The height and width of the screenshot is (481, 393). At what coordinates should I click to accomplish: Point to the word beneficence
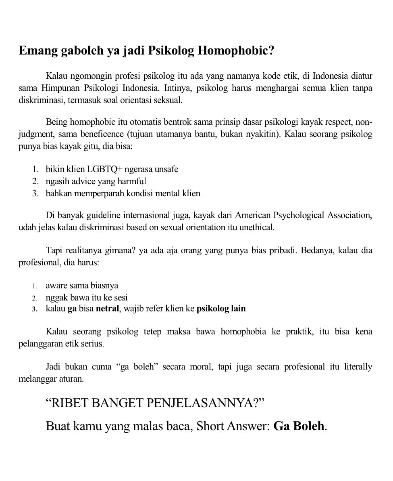click(x=102, y=134)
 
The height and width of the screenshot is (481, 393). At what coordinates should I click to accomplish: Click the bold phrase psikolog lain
click(x=221, y=309)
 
